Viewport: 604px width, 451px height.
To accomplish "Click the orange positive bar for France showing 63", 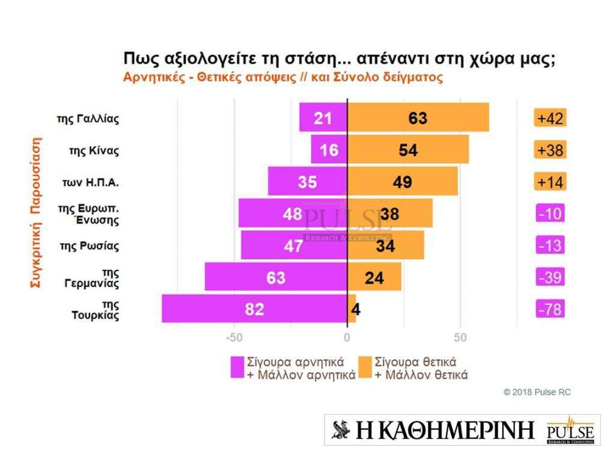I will coord(418,118).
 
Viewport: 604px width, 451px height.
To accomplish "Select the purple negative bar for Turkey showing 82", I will coord(254,308).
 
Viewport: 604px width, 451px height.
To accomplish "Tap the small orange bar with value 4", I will coord(352,308).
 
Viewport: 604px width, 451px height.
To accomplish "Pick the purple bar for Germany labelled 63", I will coord(276,277).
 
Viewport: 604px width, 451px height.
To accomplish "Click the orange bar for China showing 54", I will coord(408,150).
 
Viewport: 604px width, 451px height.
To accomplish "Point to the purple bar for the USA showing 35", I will coord(307,182).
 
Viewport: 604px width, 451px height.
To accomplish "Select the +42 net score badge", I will coord(550,118).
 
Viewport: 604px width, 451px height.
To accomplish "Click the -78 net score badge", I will coord(550,309).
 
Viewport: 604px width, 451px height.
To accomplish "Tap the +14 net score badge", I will coord(550,182).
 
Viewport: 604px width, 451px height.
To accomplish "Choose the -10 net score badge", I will coord(550,213).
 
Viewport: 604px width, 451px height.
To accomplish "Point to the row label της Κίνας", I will coord(94,150).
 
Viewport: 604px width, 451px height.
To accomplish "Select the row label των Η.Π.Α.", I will coord(91,182).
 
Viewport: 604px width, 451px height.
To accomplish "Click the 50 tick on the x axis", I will coord(460,337).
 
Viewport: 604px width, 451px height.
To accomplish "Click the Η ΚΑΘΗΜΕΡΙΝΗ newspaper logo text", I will coord(433,430).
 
